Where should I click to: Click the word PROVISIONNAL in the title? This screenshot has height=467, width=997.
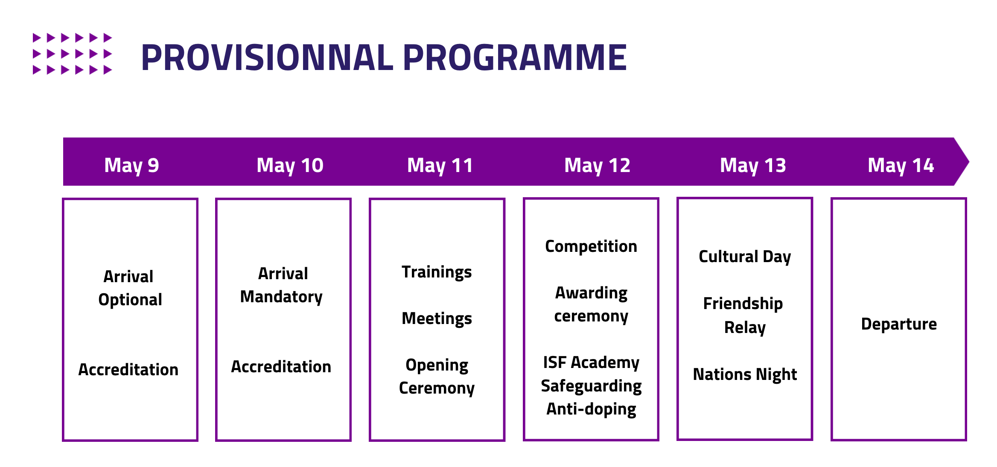click(267, 58)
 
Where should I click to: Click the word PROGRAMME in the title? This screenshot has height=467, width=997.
click(515, 58)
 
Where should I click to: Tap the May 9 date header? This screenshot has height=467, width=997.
click(131, 165)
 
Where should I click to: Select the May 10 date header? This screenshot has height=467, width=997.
click(290, 165)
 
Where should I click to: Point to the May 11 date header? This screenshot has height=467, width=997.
click(440, 165)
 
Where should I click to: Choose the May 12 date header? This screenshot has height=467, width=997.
click(597, 165)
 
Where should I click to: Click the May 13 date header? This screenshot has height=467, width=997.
click(753, 165)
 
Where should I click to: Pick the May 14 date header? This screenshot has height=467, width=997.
click(901, 165)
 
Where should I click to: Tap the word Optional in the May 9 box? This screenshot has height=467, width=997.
click(130, 300)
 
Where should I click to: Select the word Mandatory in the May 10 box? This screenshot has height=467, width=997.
click(281, 297)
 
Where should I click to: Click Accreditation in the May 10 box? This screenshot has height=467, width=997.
click(281, 367)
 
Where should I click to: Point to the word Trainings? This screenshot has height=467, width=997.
click(437, 272)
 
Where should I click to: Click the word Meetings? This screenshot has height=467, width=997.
click(437, 318)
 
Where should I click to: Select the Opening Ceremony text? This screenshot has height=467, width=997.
click(437, 377)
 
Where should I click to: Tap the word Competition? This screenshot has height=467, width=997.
click(591, 246)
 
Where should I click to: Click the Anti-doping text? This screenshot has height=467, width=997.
click(591, 409)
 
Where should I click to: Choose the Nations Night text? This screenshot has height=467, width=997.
click(745, 374)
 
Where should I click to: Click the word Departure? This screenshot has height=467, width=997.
click(899, 324)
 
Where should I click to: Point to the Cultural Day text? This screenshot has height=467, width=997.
click(745, 257)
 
